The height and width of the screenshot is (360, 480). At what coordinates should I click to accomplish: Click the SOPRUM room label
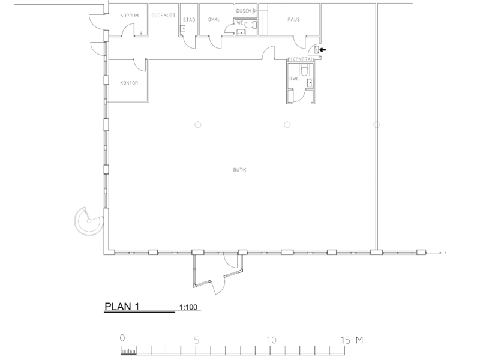tap(129, 16)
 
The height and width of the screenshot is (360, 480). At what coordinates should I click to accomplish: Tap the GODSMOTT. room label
tap(164, 16)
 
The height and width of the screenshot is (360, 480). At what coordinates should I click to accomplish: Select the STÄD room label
tap(189, 20)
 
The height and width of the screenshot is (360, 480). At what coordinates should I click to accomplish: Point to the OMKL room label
tap(214, 20)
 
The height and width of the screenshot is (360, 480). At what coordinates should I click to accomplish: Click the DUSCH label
tap(244, 11)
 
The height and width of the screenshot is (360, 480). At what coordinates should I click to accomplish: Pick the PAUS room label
tap(293, 20)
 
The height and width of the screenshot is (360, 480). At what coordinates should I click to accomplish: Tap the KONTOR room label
tap(129, 83)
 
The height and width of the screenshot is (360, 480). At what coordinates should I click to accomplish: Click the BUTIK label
tap(239, 170)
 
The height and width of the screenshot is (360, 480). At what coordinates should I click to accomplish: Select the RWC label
tap(294, 79)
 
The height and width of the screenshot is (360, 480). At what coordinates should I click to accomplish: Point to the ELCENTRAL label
tap(301, 59)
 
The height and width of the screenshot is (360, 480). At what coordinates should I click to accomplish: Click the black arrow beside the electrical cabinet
tap(323, 50)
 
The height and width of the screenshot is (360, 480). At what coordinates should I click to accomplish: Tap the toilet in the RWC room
tap(304, 70)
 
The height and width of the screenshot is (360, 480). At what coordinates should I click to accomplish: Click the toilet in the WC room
tap(251, 25)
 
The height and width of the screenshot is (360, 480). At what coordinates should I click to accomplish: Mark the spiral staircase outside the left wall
tap(89, 221)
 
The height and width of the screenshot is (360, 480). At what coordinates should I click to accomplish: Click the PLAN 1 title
tap(122, 307)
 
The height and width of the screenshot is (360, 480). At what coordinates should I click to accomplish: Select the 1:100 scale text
tap(188, 307)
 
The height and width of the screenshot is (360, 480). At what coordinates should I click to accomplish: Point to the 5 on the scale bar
tap(197, 340)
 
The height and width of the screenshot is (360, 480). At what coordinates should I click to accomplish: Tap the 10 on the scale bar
tap(271, 340)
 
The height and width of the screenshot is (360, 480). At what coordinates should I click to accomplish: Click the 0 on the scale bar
tap(122, 338)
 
